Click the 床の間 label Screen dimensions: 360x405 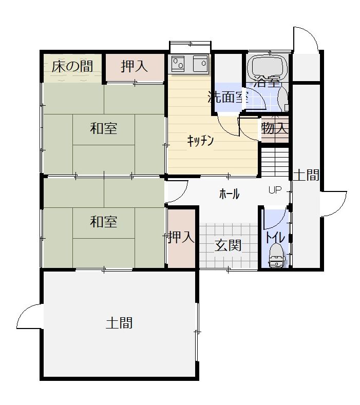pyautogui.click(x=72, y=66)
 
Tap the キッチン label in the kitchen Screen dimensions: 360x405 pyautogui.click(x=201, y=141)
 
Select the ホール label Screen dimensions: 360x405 pyautogui.click(x=230, y=194)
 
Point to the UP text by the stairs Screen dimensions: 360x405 pyautogui.click(x=275, y=190)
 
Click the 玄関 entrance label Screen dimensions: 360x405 pyautogui.click(x=229, y=245)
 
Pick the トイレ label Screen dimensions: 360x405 pyautogui.click(x=275, y=238)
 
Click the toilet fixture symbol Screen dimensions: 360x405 pyautogui.click(x=277, y=256)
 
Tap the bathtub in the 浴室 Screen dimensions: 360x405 pyautogui.click(x=268, y=67)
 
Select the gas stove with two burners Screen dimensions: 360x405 pyautogui.click(x=178, y=63)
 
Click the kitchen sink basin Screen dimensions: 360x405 pyautogui.click(x=201, y=63)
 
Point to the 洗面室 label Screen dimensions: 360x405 pyautogui.click(x=229, y=97)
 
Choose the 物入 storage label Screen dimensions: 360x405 pyautogui.click(x=275, y=128)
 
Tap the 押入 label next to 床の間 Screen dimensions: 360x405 pyautogui.click(x=135, y=66)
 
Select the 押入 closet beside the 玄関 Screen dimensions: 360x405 pyautogui.click(x=181, y=238)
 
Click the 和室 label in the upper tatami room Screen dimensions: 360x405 pyautogui.click(x=104, y=128)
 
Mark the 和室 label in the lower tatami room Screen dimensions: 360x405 pyautogui.click(x=104, y=222)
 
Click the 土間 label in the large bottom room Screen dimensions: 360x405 pyautogui.click(x=119, y=323)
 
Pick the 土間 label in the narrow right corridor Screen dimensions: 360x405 pyautogui.click(x=307, y=175)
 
